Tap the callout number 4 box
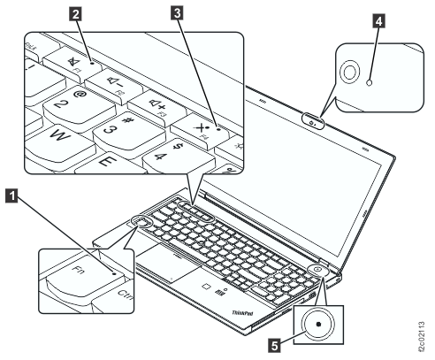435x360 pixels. (x=379, y=24)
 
